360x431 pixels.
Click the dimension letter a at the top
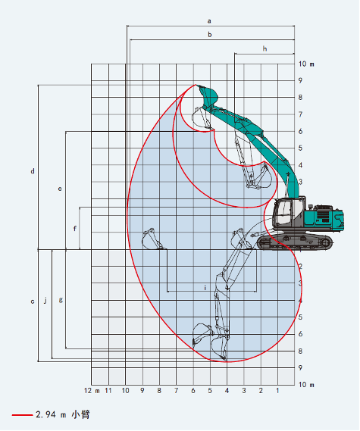(x=209, y=21)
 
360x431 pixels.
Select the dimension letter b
(x=210, y=35)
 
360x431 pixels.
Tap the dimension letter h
(x=265, y=48)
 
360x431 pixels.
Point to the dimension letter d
(x=33, y=171)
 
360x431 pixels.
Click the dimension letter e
(x=60, y=189)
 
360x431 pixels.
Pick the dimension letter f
(x=75, y=228)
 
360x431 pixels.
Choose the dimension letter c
(x=33, y=301)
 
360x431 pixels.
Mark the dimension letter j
(x=45, y=300)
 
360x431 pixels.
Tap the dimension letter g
(x=61, y=300)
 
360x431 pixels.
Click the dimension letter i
(x=205, y=288)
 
